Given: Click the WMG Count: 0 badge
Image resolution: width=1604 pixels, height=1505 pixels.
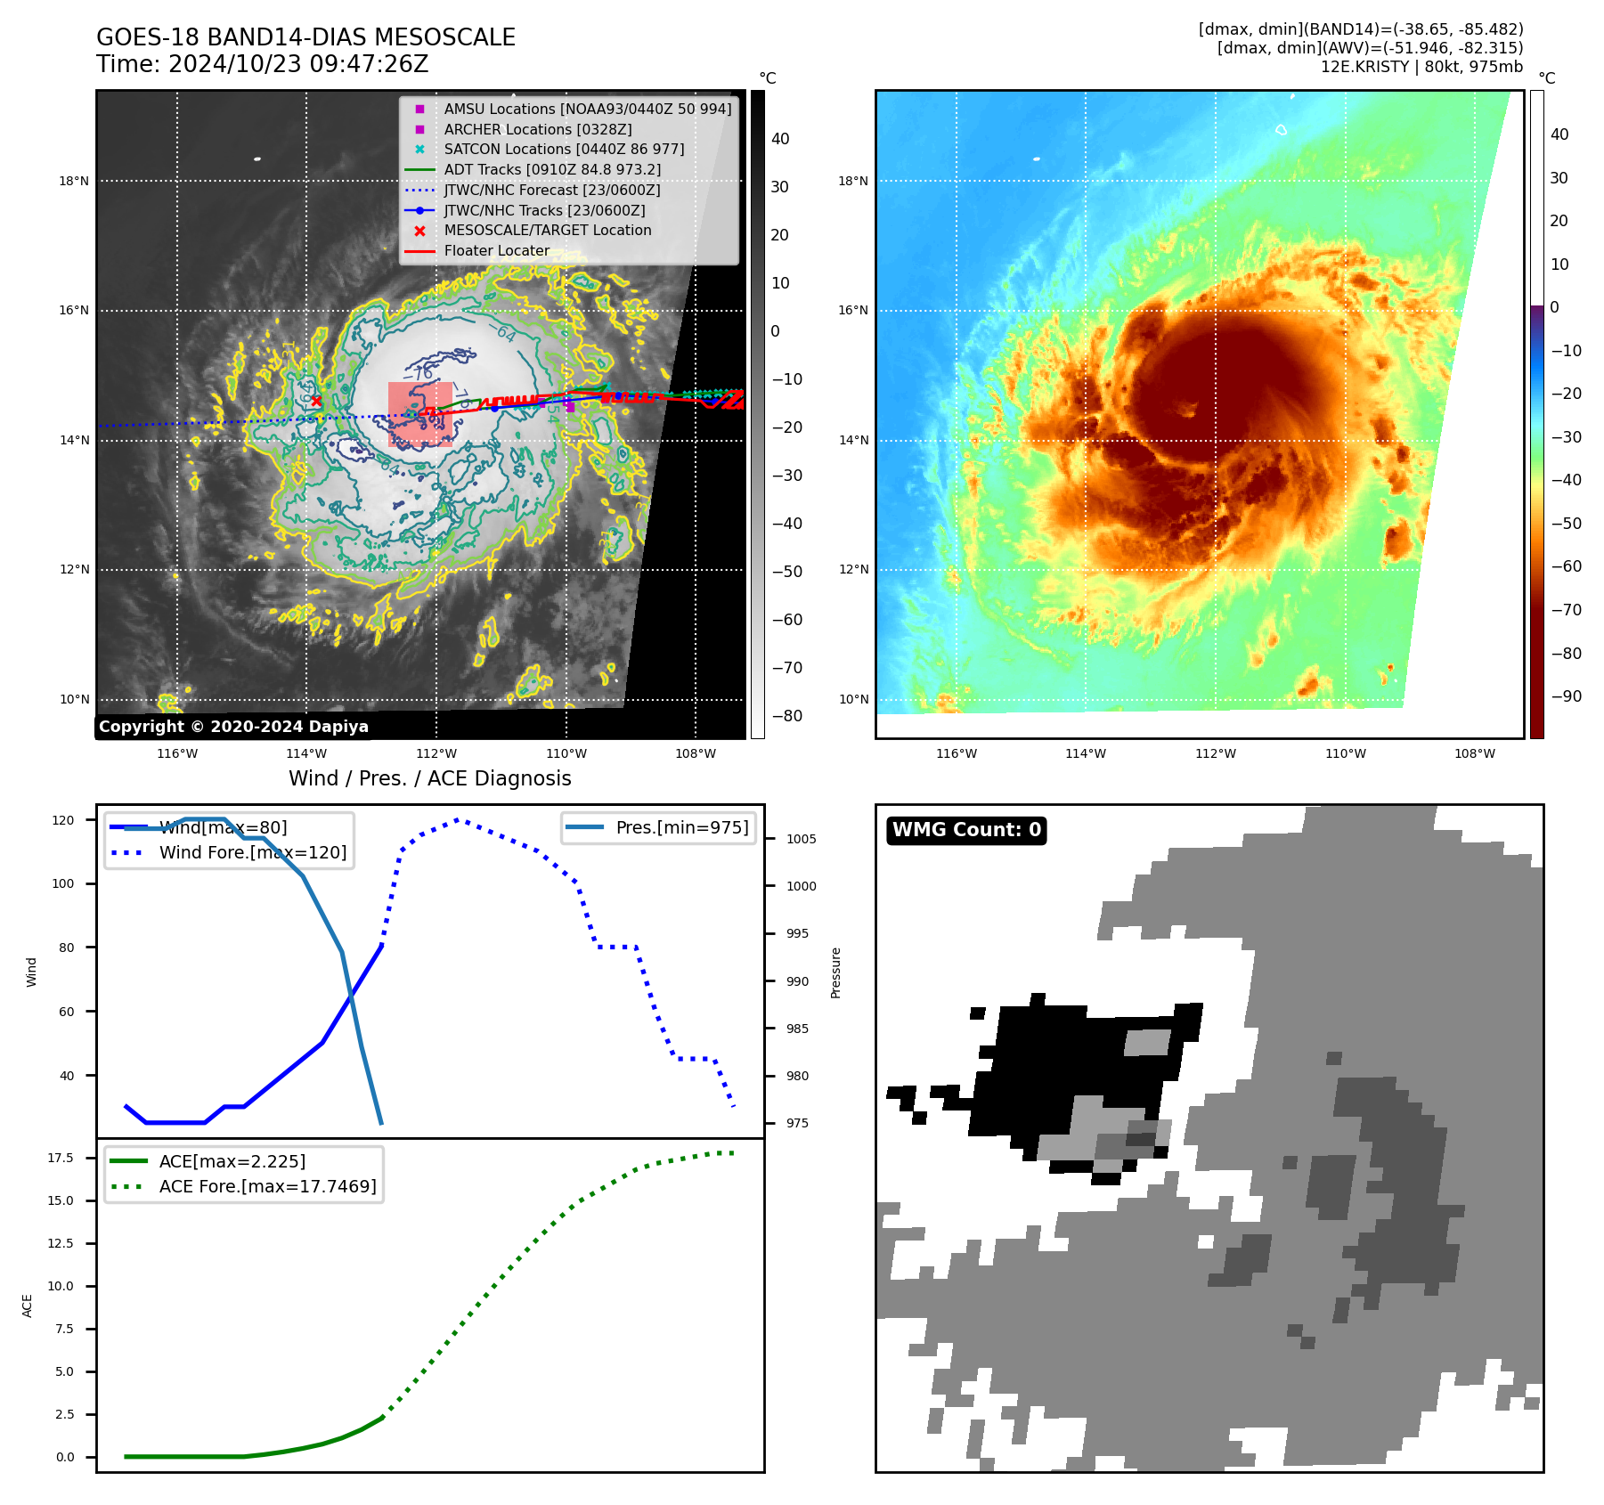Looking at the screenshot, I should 966,830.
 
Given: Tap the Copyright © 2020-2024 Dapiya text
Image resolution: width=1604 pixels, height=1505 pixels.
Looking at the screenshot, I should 233,727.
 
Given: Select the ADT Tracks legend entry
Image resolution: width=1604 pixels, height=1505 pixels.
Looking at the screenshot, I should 552,169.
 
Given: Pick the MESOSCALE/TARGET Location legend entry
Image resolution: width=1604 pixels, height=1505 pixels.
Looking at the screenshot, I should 548,230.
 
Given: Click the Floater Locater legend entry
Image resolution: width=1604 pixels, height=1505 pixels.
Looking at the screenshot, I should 496,250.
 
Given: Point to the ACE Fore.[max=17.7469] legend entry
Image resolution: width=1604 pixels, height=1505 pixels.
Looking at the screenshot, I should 267,1186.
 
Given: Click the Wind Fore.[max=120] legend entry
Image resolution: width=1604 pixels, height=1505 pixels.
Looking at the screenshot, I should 253,852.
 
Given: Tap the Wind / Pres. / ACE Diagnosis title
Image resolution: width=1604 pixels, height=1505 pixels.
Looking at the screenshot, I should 429,778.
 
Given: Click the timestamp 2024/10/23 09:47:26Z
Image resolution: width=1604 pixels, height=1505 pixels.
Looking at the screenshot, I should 298,64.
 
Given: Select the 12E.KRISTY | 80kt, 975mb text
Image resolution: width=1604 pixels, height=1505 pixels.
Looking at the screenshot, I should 1421,67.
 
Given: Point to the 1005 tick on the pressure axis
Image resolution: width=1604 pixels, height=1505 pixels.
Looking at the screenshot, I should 801,839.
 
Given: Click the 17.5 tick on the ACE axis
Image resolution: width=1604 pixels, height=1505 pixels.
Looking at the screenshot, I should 61,1158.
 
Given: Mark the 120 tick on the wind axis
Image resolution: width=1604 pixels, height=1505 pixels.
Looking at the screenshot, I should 63,820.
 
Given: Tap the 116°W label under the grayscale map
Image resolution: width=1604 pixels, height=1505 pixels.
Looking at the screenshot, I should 177,753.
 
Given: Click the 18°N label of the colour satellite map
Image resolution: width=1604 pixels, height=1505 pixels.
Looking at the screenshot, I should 852,181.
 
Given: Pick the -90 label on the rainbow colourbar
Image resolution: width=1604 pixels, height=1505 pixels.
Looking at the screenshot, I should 1566,696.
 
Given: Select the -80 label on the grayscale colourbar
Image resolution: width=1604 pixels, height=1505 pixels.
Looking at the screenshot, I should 786,715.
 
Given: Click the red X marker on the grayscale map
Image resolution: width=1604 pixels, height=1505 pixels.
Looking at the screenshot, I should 316,402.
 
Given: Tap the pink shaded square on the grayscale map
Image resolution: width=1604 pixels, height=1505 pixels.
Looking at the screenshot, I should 419,414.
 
